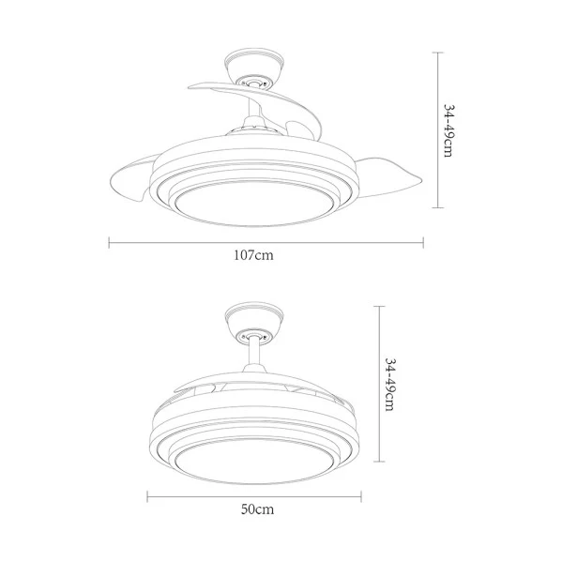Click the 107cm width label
tap(253, 255)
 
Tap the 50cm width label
tap(257, 509)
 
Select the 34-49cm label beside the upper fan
tap(448, 130)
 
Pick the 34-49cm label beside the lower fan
tap(390, 385)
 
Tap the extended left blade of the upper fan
tap(133, 178)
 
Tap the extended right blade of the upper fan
tap(387, 176)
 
